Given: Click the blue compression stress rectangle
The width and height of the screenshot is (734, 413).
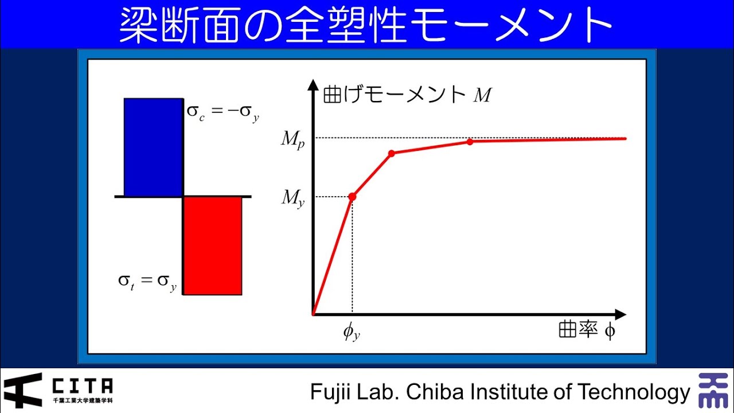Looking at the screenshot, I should click(x=153, y=147).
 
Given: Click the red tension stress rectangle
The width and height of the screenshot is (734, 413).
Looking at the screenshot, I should click(x=212, y=246).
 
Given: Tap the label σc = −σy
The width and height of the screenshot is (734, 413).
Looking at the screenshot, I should click(x=223, y=112).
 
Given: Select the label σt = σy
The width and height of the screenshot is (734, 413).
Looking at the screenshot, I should click(x=147, y=282).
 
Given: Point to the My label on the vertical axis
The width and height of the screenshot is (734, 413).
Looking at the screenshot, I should click(x=292, y=198).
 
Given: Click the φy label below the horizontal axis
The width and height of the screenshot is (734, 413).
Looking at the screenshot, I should click(x=352, y=332).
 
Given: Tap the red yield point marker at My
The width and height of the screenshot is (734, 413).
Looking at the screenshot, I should click(x=352, y=197).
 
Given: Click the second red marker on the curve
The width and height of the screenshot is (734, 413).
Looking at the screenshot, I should click(x=392, y=153).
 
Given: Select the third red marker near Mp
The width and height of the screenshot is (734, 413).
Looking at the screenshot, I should click(x=470, y=141).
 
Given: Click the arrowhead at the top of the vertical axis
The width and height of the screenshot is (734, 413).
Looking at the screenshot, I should click(x=313, y=85).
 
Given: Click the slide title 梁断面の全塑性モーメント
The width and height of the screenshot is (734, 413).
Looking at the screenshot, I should click(x=366, y=25).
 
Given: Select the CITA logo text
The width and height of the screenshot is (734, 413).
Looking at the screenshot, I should click(x=82, y=386).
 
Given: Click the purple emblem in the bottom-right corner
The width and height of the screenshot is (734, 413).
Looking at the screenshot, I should click(x=713, y=390).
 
